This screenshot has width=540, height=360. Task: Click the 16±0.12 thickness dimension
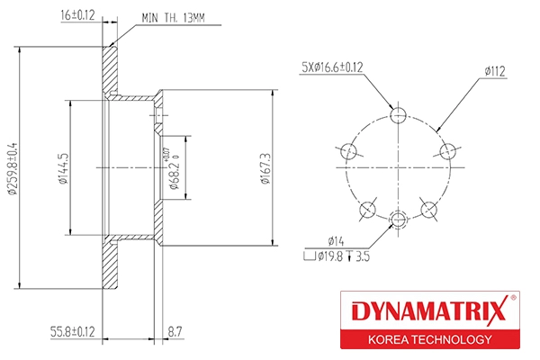click(77, 15)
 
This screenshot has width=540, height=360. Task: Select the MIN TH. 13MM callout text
click(173, 18)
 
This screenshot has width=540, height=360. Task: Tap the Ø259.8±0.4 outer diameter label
click(13, 168)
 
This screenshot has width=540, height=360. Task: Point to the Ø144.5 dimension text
click(63, 168)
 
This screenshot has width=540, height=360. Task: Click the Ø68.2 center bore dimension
click(175, 172)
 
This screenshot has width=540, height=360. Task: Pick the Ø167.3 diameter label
click(265, 168)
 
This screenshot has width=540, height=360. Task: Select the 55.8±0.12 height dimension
click(72, 332)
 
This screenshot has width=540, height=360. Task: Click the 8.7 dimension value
click(175, 332)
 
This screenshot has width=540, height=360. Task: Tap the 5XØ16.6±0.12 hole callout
click(332, 67)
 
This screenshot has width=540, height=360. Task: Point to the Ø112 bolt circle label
click(495, 71)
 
